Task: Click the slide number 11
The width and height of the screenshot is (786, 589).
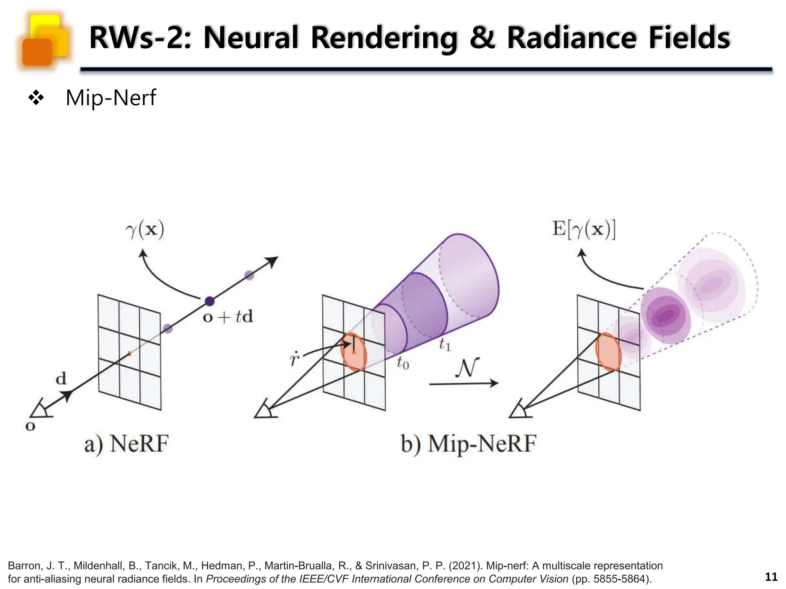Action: coord(771,577)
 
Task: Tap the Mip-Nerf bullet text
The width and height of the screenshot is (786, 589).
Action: coord(111,98)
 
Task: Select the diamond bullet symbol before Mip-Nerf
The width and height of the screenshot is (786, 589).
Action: coord(36,98)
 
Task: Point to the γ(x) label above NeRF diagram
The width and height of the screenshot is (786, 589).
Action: coord(145,230)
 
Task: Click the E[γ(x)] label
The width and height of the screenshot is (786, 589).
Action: coord(584,229)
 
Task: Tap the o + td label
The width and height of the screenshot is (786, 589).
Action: coord(228,317)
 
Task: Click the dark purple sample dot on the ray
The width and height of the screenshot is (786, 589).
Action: coord(209,301)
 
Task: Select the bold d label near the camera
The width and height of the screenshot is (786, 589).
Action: coord(61,379)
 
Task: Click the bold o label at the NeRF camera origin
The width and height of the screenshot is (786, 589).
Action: coord(30,426)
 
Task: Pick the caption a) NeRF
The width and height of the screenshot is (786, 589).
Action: coord(127,444)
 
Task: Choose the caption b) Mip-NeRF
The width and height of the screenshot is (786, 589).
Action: coord(468,444)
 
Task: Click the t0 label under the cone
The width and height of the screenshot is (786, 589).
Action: coord(403,362)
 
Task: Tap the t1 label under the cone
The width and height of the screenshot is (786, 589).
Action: coord(444,344)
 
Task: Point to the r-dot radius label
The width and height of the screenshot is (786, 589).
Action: coord(294,360)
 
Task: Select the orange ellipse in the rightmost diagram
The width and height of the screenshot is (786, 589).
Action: coord(608,352)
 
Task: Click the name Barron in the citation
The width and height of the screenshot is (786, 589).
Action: coord(24,566)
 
